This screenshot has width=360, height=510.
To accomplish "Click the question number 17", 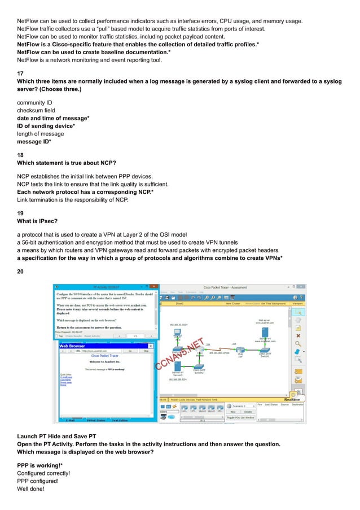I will point(20,74).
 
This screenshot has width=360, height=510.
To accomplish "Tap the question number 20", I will point(20,272).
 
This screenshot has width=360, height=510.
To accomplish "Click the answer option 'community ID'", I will point(38,102).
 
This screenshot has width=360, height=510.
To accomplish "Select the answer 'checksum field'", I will point(36,110).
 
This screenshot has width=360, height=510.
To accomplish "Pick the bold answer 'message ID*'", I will point(38,142).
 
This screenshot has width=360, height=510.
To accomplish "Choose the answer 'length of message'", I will point(41,134).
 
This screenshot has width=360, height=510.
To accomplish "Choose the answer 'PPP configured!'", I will point(41,481).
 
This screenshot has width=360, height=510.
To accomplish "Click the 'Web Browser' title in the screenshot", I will point(72,345).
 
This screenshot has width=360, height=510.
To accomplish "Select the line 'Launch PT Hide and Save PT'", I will point(57,437).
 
